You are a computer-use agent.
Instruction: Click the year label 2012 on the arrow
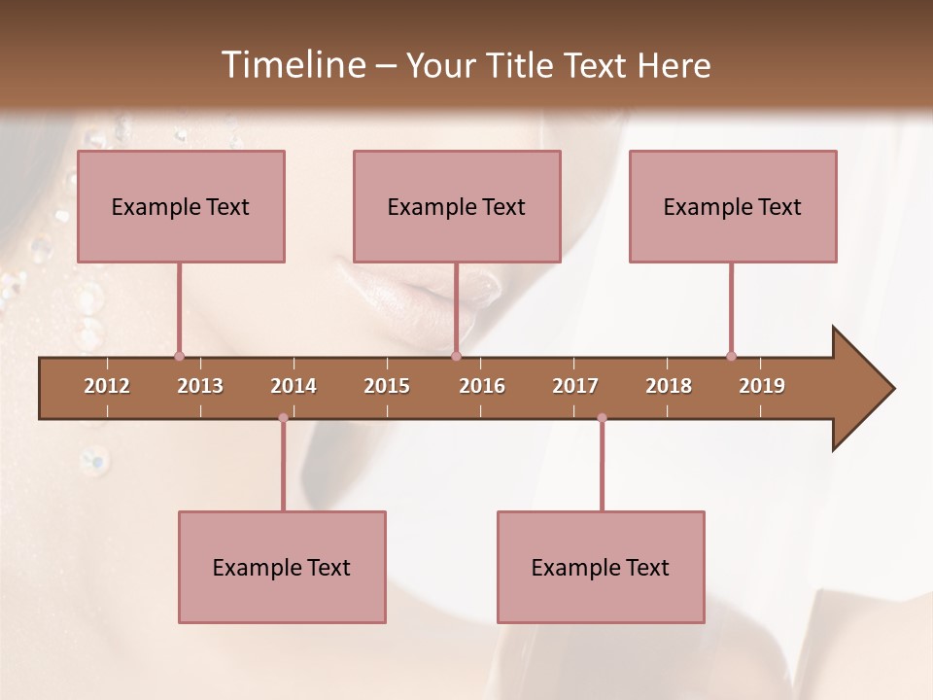tap(107, 386)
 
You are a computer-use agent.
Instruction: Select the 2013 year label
tap(200, 386)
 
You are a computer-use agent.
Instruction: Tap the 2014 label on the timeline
tap(294, 386)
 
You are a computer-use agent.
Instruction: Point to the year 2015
tap(387, 386)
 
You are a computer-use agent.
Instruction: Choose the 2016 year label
tap(482, 386)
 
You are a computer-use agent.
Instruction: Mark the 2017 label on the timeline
tap(575, 386)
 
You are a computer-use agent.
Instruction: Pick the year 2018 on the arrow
tap(669, 386)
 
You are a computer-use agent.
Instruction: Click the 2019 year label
tap(762, 386)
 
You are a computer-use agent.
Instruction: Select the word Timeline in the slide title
tap(292, 65)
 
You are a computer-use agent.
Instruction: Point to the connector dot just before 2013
tap(179, 357)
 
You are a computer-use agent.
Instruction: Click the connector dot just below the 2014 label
tap(283, 418)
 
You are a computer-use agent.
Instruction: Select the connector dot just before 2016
tap(456, 357)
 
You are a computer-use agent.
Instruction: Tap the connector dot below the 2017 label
tap(602, 418)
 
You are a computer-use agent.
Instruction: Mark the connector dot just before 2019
tap(731, 357)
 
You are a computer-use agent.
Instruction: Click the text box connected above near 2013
tap(181, 206)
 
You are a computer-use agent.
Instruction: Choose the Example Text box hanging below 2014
tap(282, 567)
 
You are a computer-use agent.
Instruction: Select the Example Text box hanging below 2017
tap(601, 567)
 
